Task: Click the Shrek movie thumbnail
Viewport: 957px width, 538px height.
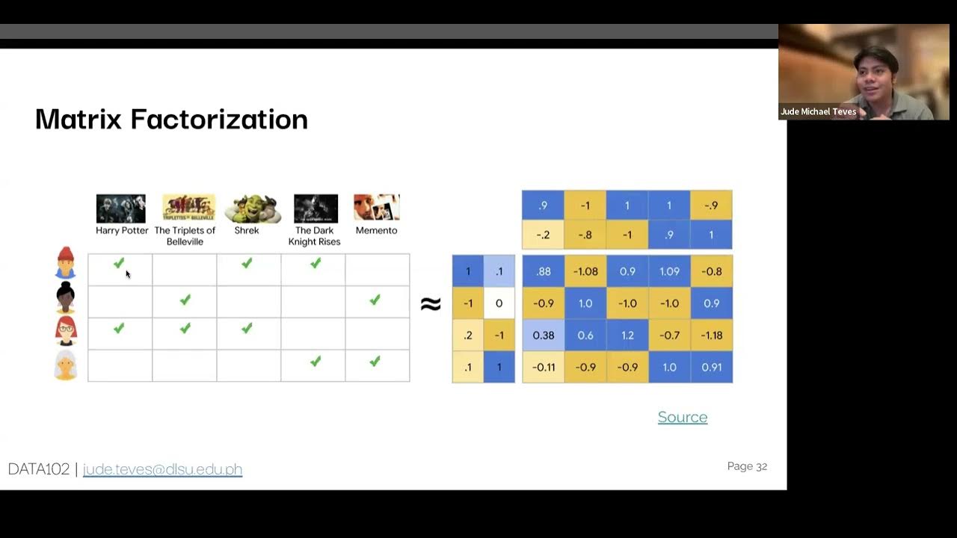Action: pos(253,208)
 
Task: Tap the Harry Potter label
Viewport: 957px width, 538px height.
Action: pos(122,230)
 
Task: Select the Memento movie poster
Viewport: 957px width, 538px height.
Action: pos(377,208)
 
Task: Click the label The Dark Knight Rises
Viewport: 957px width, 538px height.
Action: pos(314,236)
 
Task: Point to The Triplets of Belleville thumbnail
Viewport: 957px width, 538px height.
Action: pos(188,208)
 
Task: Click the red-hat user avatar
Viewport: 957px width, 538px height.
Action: pos(66,263)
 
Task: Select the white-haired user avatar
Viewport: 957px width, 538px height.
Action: pos(66,365)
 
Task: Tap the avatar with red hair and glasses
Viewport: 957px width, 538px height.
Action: pos(66,331)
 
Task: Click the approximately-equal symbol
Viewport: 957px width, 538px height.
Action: pos(430,303)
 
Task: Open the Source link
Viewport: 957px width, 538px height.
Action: pos(682,417)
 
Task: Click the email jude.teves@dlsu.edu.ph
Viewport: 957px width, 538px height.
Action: pos(162,469)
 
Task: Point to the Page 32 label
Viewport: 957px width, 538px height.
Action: pos(747,466)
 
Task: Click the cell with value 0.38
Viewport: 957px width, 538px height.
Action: pos(543,335)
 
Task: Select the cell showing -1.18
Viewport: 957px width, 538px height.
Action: pos(711,335)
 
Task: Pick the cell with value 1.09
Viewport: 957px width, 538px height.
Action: pos(669,271)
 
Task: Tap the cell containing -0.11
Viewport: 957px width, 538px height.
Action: pos(543,367)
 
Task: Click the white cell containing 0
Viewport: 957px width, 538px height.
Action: pos(499,303)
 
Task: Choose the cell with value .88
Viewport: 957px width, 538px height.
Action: pos(543,271)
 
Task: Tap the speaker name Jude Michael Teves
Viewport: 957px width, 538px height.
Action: pos(818,111)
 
